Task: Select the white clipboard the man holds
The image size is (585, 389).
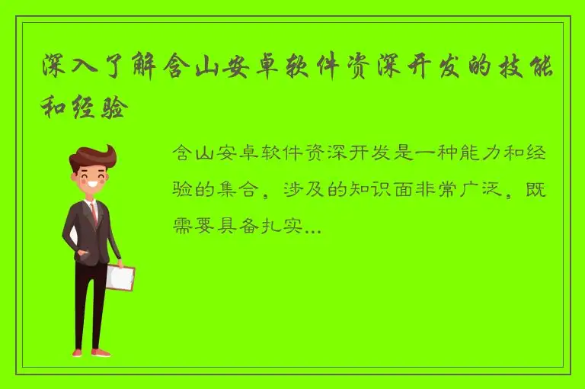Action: pyautogui.click(x=120, y=276)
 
